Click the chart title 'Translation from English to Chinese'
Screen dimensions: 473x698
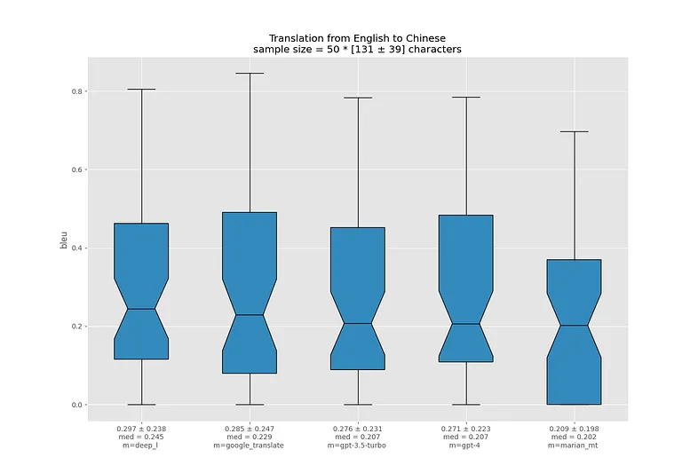click(357, 38)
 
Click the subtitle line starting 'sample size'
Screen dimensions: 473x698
click(357, 50)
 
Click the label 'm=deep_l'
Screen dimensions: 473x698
click(141, 445)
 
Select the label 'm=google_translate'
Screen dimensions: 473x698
click(250, 445)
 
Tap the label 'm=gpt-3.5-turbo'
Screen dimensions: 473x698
click(358, 445)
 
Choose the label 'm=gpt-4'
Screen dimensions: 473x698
click(465, 445)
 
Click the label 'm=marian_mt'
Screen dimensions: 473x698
click(574, 445)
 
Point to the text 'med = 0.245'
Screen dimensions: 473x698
click(141, 437)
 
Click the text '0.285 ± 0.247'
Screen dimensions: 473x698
click(250, 429)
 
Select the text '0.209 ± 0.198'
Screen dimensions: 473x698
click(574, 429)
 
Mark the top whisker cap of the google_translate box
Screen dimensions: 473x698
click(250, 74)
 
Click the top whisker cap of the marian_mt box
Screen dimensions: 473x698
click(574, 131)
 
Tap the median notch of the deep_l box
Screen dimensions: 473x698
click(141, 309)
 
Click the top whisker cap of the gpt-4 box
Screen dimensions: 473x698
click(465, 97)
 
